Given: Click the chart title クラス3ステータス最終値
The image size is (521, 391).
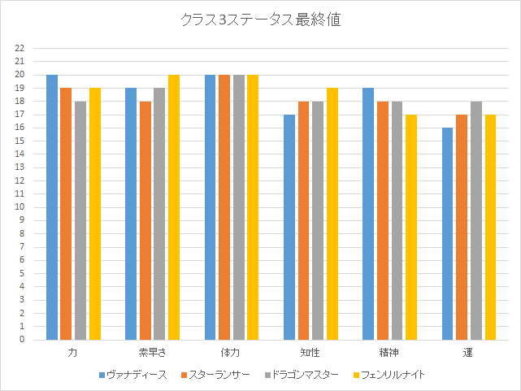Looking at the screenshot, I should click(x=260, y=20).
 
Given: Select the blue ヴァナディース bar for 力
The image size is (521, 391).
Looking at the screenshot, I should click(x=52, y=207).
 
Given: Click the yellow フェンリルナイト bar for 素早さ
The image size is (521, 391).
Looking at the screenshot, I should click(x=174, y=207).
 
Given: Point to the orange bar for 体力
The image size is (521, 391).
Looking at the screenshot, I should click(x=224, y=207).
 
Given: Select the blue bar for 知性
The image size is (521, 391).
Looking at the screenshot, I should click(x=289, y=227).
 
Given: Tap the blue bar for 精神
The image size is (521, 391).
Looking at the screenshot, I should click(x=368, y=214).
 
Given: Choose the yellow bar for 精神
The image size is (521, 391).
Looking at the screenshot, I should click(x=411, y=227).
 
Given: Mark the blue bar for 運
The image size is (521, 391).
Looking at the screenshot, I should click(x=448, y=233).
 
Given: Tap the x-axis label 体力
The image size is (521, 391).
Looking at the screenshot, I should click(x=231, y=354).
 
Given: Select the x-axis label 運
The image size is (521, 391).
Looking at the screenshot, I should click(x=468, y=354).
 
